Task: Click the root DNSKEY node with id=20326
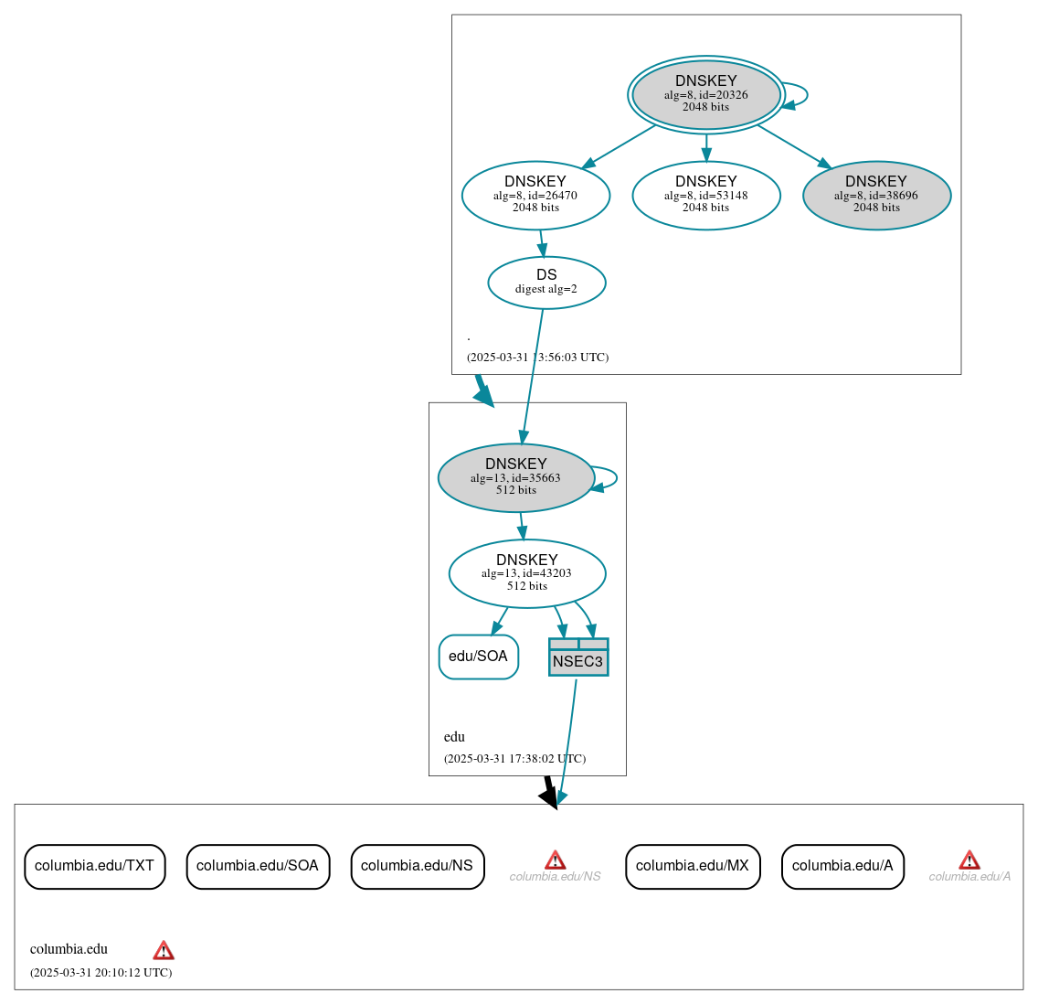tap(705, 94)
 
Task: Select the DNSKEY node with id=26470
tap(535, 195)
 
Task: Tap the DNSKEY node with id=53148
tap(705, 195)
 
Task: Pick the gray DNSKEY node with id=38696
tap(876, 195)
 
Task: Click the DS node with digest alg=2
tap(546, 282)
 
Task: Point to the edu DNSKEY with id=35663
tap(516, 477)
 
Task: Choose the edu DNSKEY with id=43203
tap(527, 573)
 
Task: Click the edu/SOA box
tap(478, 657)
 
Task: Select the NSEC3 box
tap(578, 657)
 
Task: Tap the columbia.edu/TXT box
tap(94, 866)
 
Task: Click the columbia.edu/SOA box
tap(258, 866)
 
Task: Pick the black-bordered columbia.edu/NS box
tap(417, 866)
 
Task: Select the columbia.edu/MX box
tap(693, 866)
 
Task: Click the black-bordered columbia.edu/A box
tap(842, 866)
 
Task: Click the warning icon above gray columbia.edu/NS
tap(555, 860)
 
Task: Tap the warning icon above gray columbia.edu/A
tap(969, 860)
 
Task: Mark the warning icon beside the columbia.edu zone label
tap(164, 950)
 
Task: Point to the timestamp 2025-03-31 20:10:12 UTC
tap(101, 973)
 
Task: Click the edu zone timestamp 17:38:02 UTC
tap(514, 759)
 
